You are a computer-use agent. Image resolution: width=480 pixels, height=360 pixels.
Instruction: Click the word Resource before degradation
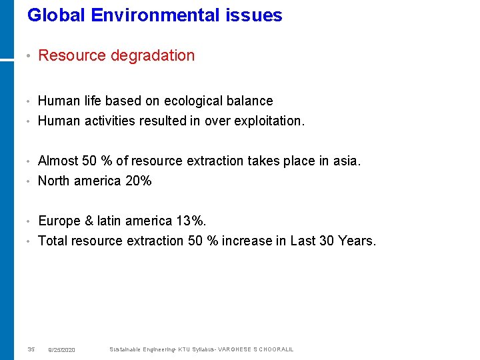pos(72,56)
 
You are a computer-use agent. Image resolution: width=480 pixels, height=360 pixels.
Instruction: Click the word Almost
pos(57,161)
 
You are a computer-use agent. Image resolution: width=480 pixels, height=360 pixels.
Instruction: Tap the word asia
pos(345,161)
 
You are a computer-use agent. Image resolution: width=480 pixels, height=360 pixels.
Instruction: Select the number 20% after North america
pos(139,181)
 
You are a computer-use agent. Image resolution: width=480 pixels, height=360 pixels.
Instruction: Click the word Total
pos(53,241)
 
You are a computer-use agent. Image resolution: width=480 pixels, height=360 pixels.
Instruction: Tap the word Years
pos(357,241)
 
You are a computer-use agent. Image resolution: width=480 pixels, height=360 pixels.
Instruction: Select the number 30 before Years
pos(327,241)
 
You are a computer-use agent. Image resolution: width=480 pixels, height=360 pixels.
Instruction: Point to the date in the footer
pos(62,350)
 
